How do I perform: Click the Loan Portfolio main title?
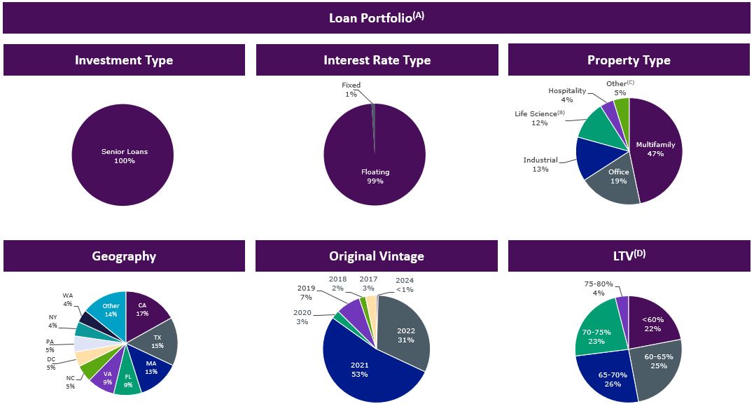376,18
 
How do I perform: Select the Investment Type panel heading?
124,60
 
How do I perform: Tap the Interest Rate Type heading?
377,60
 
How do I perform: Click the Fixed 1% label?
351,90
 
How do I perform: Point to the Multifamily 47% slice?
655,148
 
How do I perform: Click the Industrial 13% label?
540,165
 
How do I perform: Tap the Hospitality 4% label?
567,95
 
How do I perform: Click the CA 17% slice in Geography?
143,309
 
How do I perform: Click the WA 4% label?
67,300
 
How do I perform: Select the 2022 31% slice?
406,335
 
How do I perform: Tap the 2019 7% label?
305,293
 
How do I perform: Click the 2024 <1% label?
404,285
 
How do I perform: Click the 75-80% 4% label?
598,288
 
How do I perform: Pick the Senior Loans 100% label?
124,156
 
